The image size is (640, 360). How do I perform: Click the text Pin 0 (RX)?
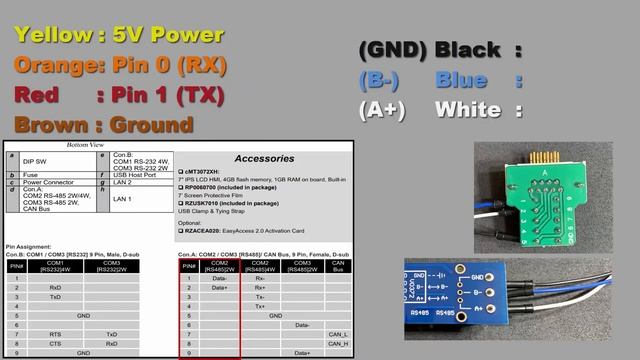177,66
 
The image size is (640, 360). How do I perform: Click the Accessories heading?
264,158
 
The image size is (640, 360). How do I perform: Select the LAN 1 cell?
121,199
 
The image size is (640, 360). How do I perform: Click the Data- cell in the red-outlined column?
219,278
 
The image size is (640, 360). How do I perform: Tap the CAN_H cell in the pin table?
338,343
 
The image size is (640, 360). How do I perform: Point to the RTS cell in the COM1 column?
55,334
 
